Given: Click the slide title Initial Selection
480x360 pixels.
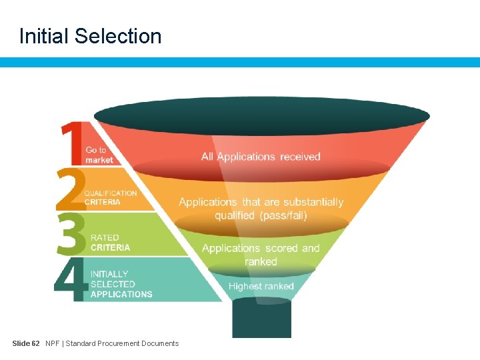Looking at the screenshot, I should [91, 36].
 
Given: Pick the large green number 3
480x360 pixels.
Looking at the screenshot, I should [71, 233].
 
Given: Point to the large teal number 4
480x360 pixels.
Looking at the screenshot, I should [71, 280].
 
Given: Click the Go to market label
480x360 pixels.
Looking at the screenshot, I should [99, 155].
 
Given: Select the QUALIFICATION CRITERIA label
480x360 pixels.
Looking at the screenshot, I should [111, 197].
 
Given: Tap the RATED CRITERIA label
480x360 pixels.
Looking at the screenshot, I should [111, 243].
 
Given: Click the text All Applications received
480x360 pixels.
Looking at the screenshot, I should [261, 157].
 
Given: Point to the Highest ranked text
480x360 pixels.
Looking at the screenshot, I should [261, 286].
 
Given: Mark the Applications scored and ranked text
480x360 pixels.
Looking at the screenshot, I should [261, 255].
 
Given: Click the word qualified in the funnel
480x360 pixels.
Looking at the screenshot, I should [235, 215].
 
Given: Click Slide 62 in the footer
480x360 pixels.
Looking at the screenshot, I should [26, 343].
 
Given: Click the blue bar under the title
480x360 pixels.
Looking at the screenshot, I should [240, 62].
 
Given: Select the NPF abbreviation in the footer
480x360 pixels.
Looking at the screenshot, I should [52, 343].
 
